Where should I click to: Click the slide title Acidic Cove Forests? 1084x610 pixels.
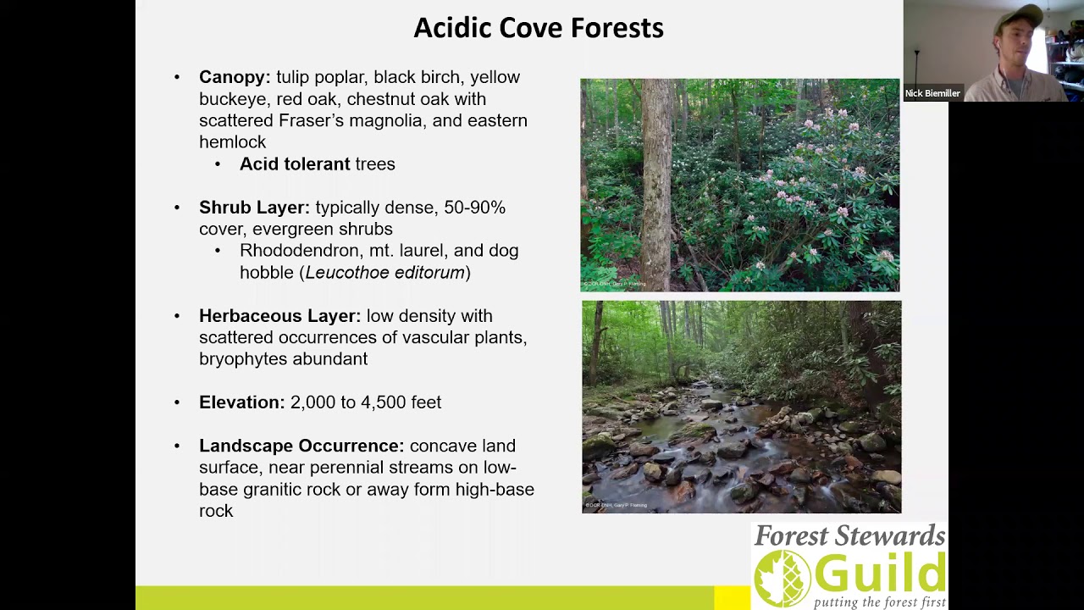point(538,28)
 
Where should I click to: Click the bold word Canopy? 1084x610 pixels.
point(235,77)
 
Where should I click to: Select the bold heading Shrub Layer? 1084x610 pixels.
point(254,208)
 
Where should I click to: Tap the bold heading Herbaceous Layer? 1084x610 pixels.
point(279,316)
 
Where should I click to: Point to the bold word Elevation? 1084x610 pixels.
point(241,402)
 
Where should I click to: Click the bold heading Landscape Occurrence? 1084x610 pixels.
point(301,446)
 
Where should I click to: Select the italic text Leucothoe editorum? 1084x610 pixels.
point(385,273)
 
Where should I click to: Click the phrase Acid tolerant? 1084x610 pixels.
point(294,164)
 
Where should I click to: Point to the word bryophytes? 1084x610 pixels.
point(240,359)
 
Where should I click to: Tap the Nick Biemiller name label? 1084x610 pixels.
point(932,93)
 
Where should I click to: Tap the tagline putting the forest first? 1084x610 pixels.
point(879,602)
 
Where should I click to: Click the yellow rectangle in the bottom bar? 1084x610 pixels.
point(732,598)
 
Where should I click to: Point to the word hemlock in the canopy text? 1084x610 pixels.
point(232,142)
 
